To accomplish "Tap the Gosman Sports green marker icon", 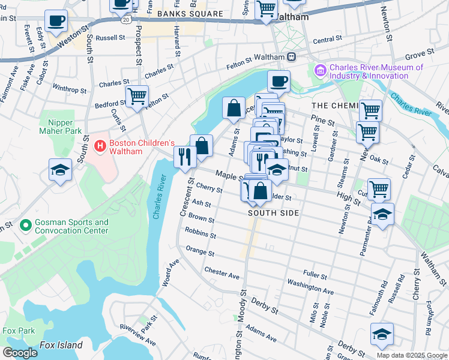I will [x=25, y=226].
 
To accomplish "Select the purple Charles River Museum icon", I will [x=319, y=71].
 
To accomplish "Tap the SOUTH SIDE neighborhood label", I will [x=273, y=213].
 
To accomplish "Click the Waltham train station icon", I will [x=292, y=56].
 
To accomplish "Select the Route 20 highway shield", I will [x=125, y=20].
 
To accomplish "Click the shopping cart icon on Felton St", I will [x=137, y=96].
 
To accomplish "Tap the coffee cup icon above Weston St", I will [x=57, y=21].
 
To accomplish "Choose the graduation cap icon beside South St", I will [x=60, y=170].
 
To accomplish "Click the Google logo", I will [x=20, y=352].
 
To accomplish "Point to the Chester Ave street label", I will [x=221, y=273].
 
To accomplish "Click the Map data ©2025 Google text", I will [x=412, y=355].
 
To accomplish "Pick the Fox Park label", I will [x=17, y=331].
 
